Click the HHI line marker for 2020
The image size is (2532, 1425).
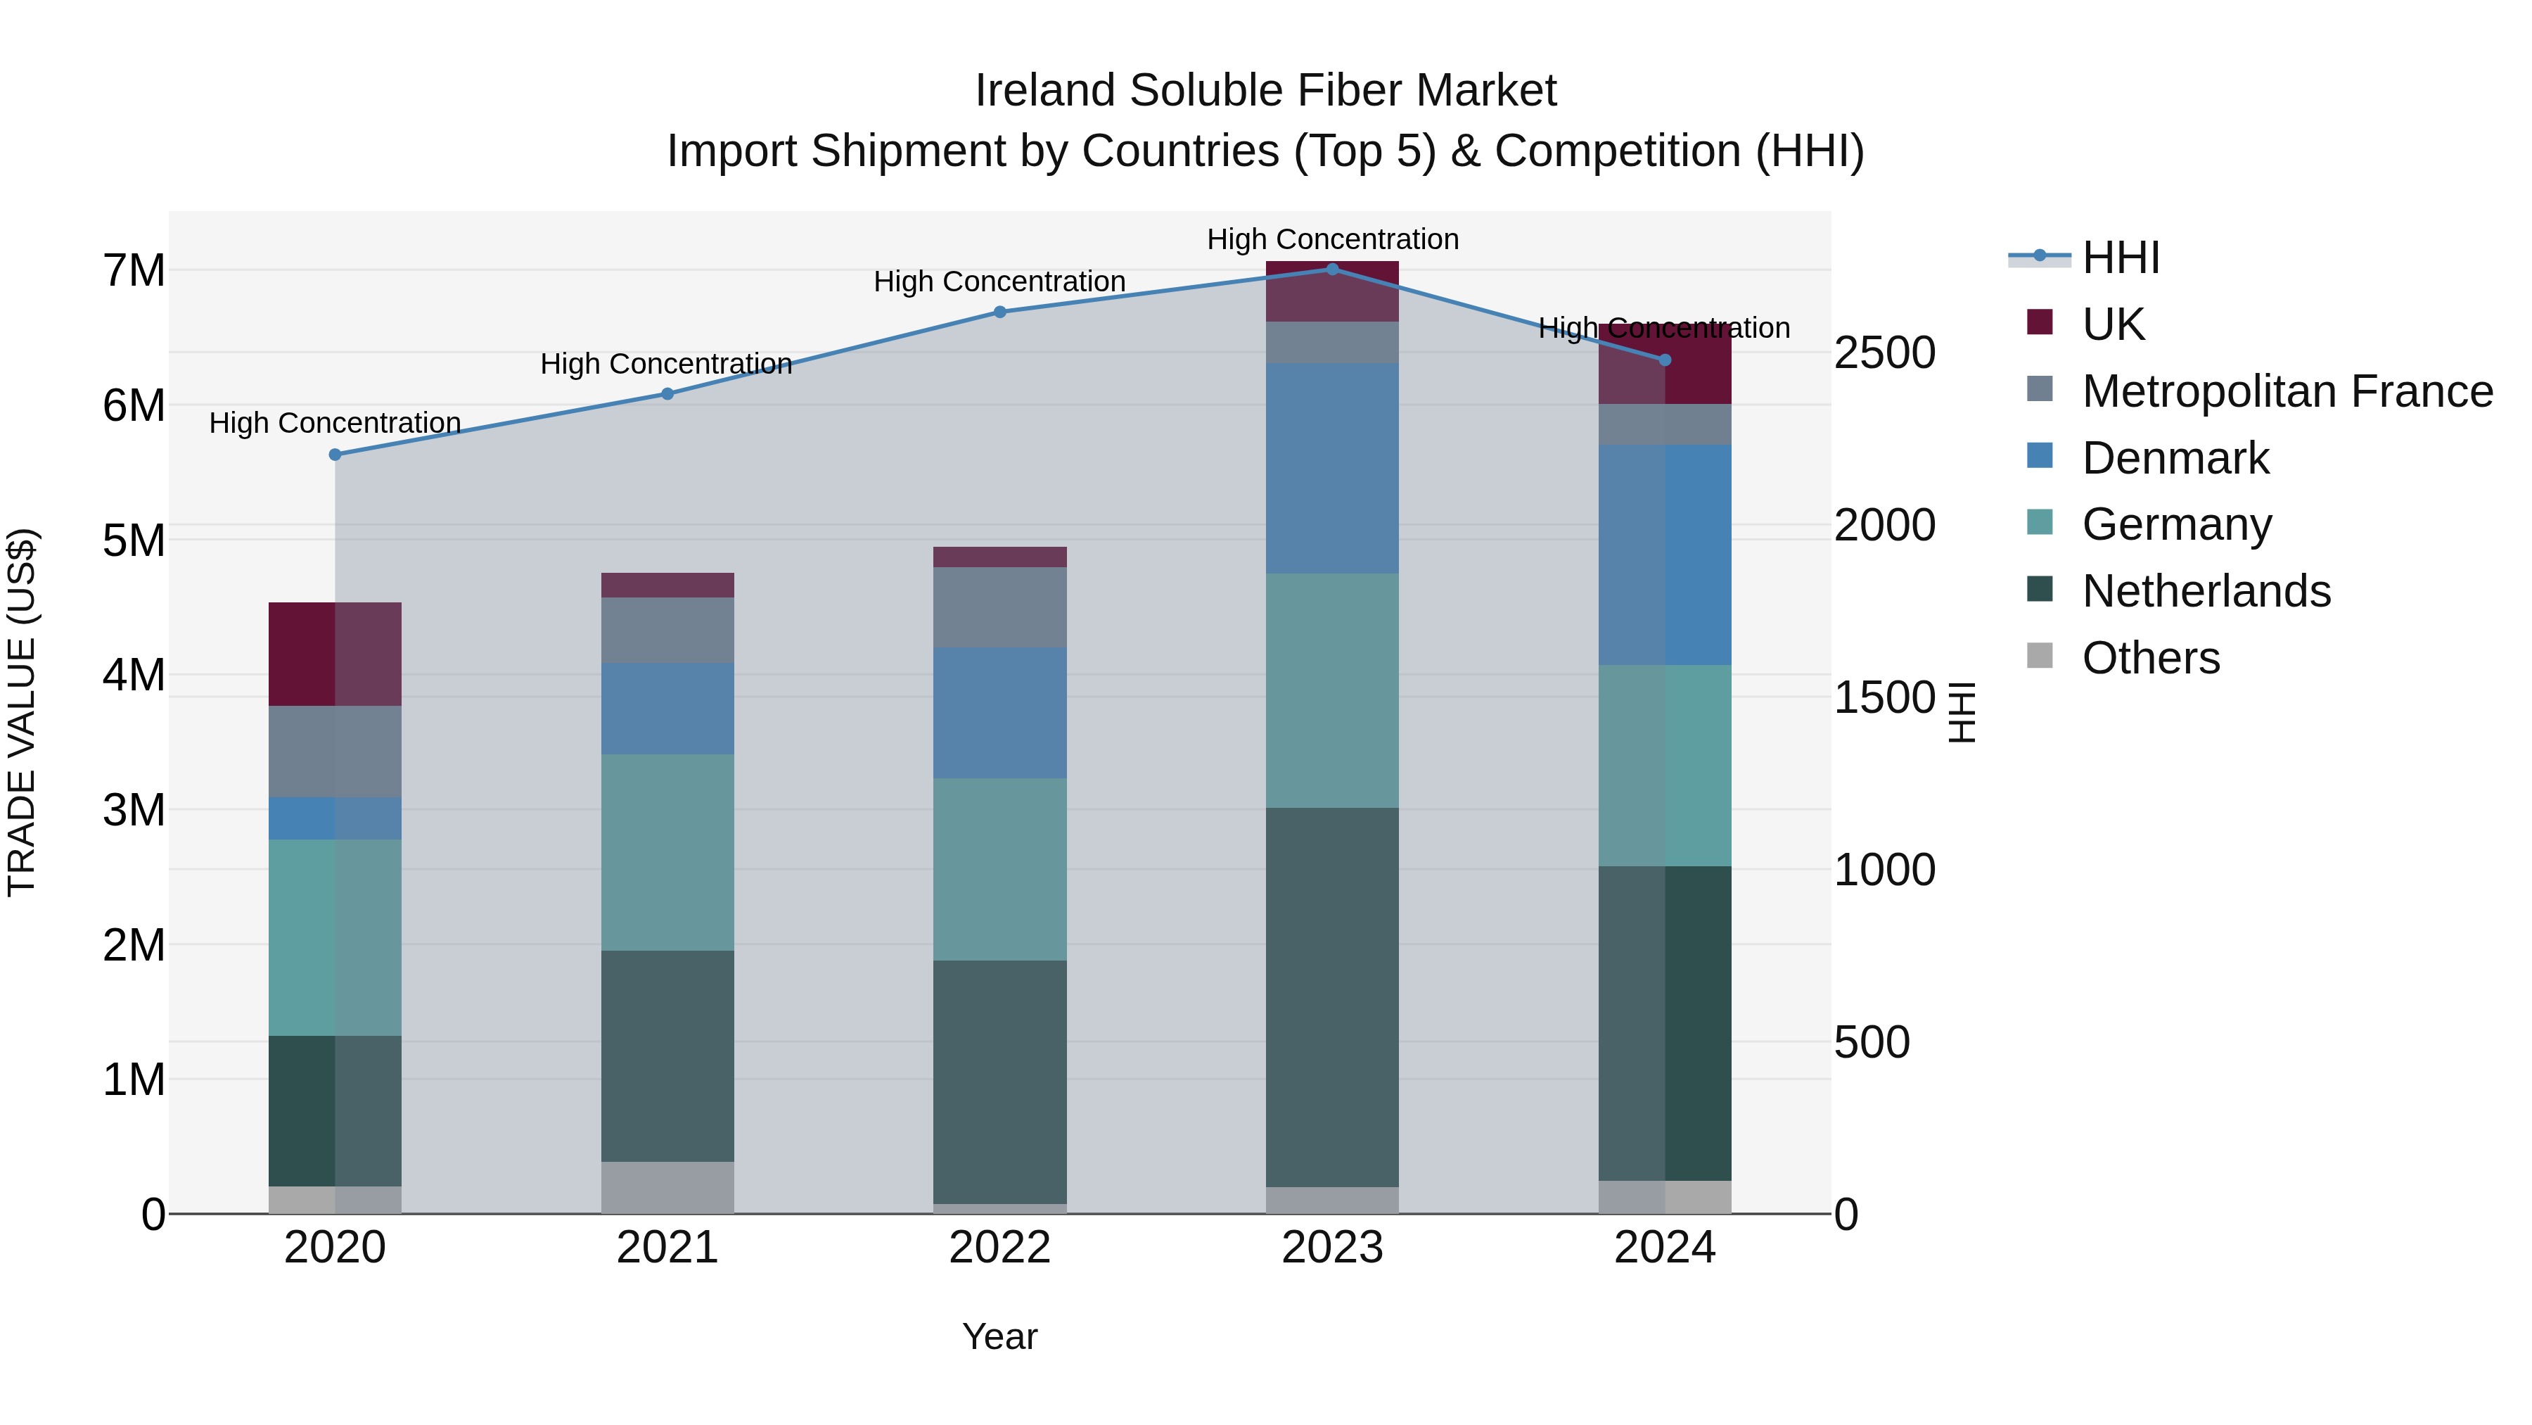point(335,455)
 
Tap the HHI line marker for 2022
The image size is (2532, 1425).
point(999,312)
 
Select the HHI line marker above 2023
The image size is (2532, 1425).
point(1333,269)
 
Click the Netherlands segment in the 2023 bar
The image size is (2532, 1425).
point(1332,996)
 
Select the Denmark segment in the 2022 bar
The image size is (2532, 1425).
point(999,712)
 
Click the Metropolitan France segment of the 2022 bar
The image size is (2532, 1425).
point(999,607)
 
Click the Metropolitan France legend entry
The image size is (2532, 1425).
point(2287,391)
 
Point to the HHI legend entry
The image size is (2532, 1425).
point(2119,258)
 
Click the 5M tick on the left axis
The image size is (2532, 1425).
point(134,540)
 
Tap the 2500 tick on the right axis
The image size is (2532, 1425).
point(1884,353)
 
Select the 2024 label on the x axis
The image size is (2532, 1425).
point(1664,1248)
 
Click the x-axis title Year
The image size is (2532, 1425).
point(999,1336)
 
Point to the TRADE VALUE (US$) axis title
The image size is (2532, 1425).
point(22,712)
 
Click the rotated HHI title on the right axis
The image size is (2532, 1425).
point(1961,712)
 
